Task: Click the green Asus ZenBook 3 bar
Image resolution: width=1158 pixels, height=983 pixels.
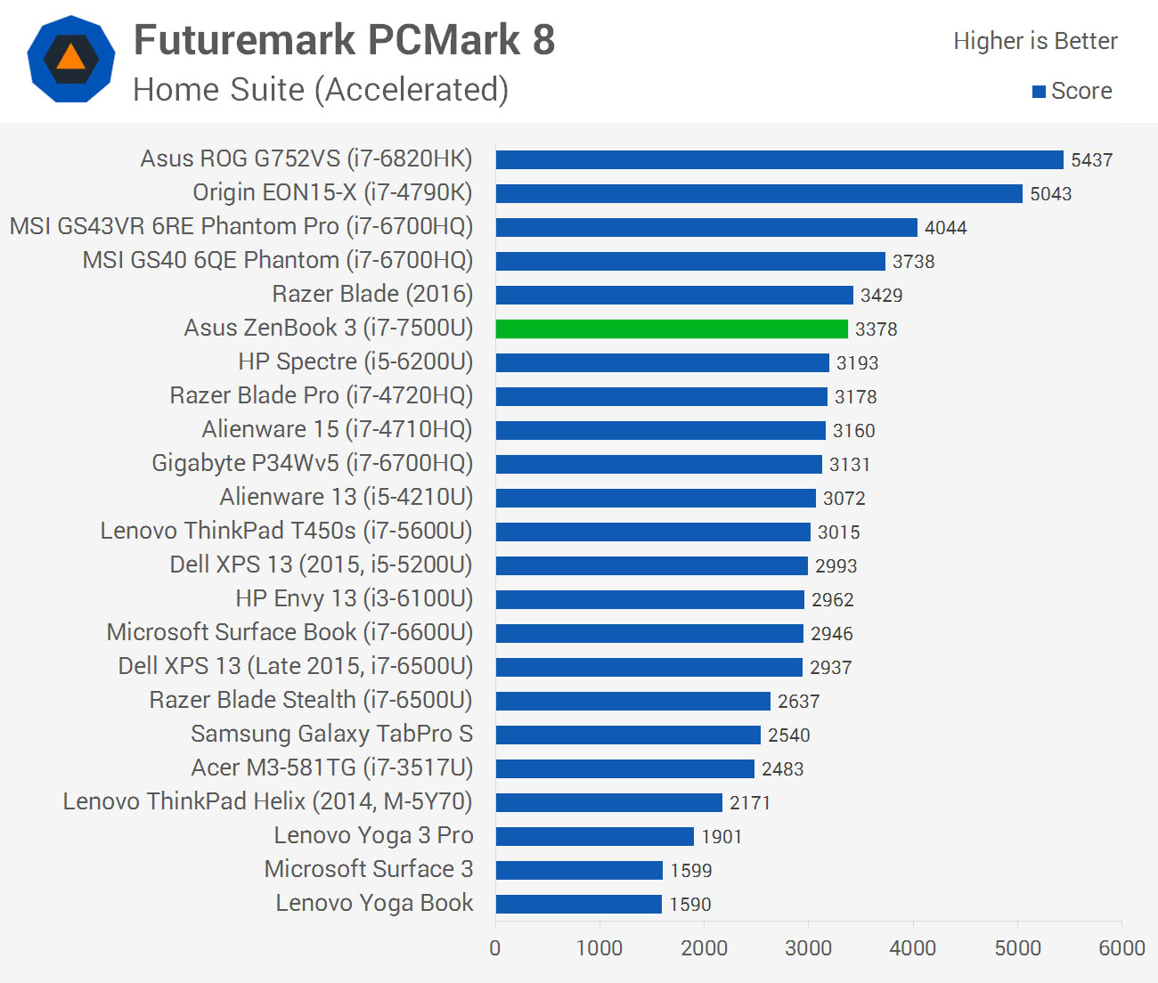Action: [672, 329]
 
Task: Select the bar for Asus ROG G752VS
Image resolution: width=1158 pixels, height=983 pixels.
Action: [779, 159]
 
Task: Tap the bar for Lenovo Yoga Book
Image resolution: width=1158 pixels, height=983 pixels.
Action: [579, 904]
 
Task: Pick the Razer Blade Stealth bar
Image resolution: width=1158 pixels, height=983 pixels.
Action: [633, 701]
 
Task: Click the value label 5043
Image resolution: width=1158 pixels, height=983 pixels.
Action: [1051, 194]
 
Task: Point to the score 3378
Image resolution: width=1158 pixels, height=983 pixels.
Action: [877, 329]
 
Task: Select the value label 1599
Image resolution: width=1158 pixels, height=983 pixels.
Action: [691, 871]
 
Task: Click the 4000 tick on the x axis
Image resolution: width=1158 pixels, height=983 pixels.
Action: [913, 948]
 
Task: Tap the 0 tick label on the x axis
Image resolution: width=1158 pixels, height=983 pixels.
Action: [495, 948]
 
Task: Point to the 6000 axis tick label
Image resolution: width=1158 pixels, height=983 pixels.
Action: [1121, 948]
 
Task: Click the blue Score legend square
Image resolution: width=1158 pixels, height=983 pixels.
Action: [1039, 92]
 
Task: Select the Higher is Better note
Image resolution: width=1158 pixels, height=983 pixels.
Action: [1035, 41]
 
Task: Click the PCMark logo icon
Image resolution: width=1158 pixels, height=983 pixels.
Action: [71, 59]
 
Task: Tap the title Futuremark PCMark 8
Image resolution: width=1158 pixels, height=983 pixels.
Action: [344, 40]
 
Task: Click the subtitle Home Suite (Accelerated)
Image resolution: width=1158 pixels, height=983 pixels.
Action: [321, 90]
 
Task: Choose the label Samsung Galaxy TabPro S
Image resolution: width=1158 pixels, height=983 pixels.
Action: [331, 734]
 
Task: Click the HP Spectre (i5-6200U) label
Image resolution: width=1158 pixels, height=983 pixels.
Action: [355, 362]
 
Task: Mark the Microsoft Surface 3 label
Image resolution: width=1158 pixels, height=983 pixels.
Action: [368, 869]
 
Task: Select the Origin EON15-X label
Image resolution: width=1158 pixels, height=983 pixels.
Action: [332, 192]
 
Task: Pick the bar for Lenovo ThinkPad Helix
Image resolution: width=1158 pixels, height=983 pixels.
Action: [609, 802]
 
